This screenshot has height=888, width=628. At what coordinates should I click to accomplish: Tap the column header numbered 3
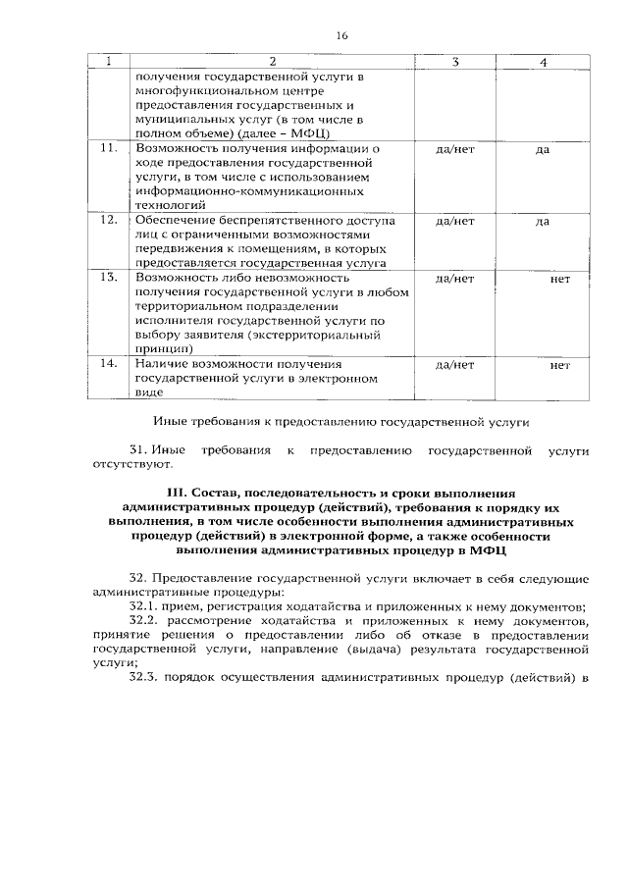click(x=455, y=62)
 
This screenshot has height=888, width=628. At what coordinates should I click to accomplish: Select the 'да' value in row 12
click(x=542, y=222)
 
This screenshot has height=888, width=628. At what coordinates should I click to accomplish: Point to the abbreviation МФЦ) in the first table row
click(x=307, y=132)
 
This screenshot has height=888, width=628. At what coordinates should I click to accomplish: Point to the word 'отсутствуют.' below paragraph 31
click(x=127, y=464)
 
